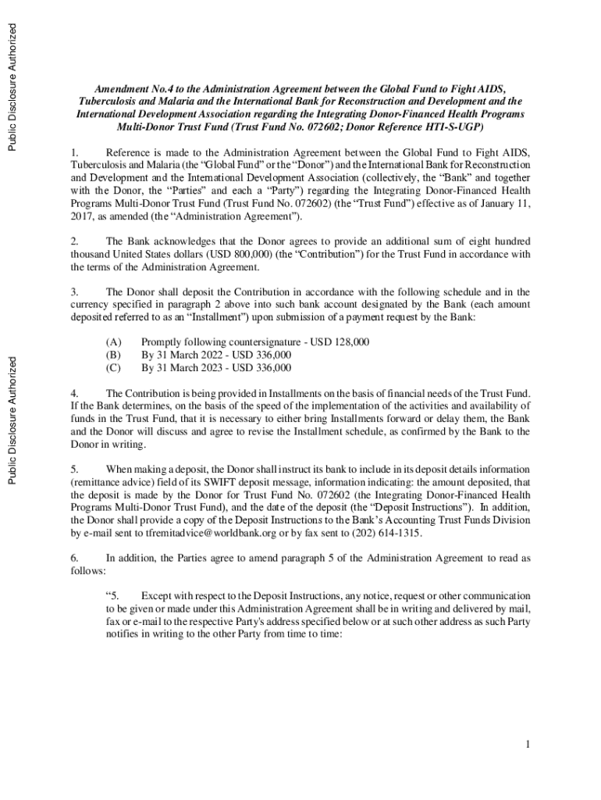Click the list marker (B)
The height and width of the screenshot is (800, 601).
114,354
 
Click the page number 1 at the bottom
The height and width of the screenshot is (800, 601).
528,744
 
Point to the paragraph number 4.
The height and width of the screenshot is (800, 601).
74,392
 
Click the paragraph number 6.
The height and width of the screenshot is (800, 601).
74,558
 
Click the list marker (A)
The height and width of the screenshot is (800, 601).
114,341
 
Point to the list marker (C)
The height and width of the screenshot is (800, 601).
114,366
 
